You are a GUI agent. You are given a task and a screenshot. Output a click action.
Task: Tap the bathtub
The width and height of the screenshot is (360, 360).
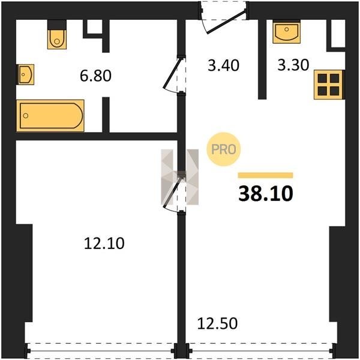pos(50,116)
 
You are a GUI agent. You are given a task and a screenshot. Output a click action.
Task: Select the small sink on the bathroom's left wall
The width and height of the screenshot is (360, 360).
pos(26,74)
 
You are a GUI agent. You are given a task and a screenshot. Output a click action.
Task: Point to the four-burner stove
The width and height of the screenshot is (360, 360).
pos(329,85)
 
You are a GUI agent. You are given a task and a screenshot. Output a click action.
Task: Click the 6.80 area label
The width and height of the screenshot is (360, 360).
pos(95,76)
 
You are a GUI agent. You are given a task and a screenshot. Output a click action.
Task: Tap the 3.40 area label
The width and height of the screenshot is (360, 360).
pos(223,65)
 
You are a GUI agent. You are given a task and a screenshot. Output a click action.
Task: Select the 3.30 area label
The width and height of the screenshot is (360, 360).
pos(293,65)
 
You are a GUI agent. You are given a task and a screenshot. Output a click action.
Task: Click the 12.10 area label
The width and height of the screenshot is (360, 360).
pos(104,244)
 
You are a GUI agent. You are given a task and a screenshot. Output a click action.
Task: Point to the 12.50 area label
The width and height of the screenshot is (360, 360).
pos(217,323)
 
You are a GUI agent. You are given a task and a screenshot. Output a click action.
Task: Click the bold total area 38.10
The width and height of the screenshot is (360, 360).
pos(266,194)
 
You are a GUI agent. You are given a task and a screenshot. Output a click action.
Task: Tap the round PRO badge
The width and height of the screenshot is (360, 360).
pos(223,149)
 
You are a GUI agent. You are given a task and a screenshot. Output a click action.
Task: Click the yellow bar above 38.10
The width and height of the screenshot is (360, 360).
pos(265,175)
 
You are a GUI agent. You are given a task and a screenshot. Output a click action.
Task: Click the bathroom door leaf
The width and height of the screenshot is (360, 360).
pos(172,73)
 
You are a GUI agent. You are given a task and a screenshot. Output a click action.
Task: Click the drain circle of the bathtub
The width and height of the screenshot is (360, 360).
pos(26,116)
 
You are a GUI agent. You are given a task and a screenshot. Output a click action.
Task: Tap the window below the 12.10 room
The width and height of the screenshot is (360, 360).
pos(101,351)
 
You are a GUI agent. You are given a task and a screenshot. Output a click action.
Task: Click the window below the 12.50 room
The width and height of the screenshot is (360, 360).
pos(261,351)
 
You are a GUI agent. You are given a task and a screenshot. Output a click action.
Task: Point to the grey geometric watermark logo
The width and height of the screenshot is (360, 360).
pos(180,177)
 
